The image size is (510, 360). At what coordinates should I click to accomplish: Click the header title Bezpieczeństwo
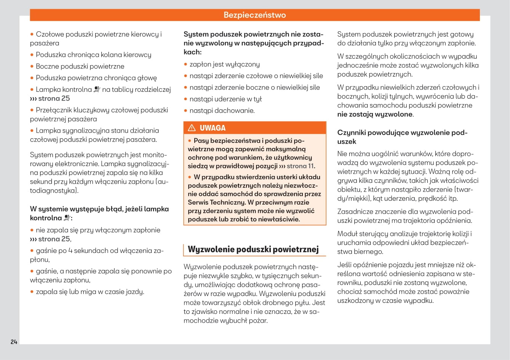coord(254,15)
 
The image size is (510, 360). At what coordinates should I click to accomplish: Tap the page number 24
coord(14,342)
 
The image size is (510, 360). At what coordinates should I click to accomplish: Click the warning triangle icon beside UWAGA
coord(192,128)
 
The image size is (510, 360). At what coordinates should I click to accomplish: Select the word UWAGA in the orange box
coord(213,128)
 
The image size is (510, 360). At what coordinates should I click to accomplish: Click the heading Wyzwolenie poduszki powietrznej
coord(253,250)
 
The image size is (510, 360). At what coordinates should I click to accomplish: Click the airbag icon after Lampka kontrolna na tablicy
coord(97,90)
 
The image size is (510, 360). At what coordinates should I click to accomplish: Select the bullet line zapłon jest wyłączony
coord(224,64)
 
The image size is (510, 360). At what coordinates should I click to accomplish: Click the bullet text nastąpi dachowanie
coord(222,111)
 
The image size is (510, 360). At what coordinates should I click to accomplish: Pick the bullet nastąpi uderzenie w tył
coord(225,99)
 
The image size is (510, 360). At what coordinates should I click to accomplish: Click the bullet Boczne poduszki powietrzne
coord(80,66)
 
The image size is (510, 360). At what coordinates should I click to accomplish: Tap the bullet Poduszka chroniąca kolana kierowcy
coord(93,55)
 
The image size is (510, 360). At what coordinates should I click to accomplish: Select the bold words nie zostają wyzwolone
coord(375,114)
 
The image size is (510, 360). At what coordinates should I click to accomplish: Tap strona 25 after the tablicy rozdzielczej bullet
coord(54,99)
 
